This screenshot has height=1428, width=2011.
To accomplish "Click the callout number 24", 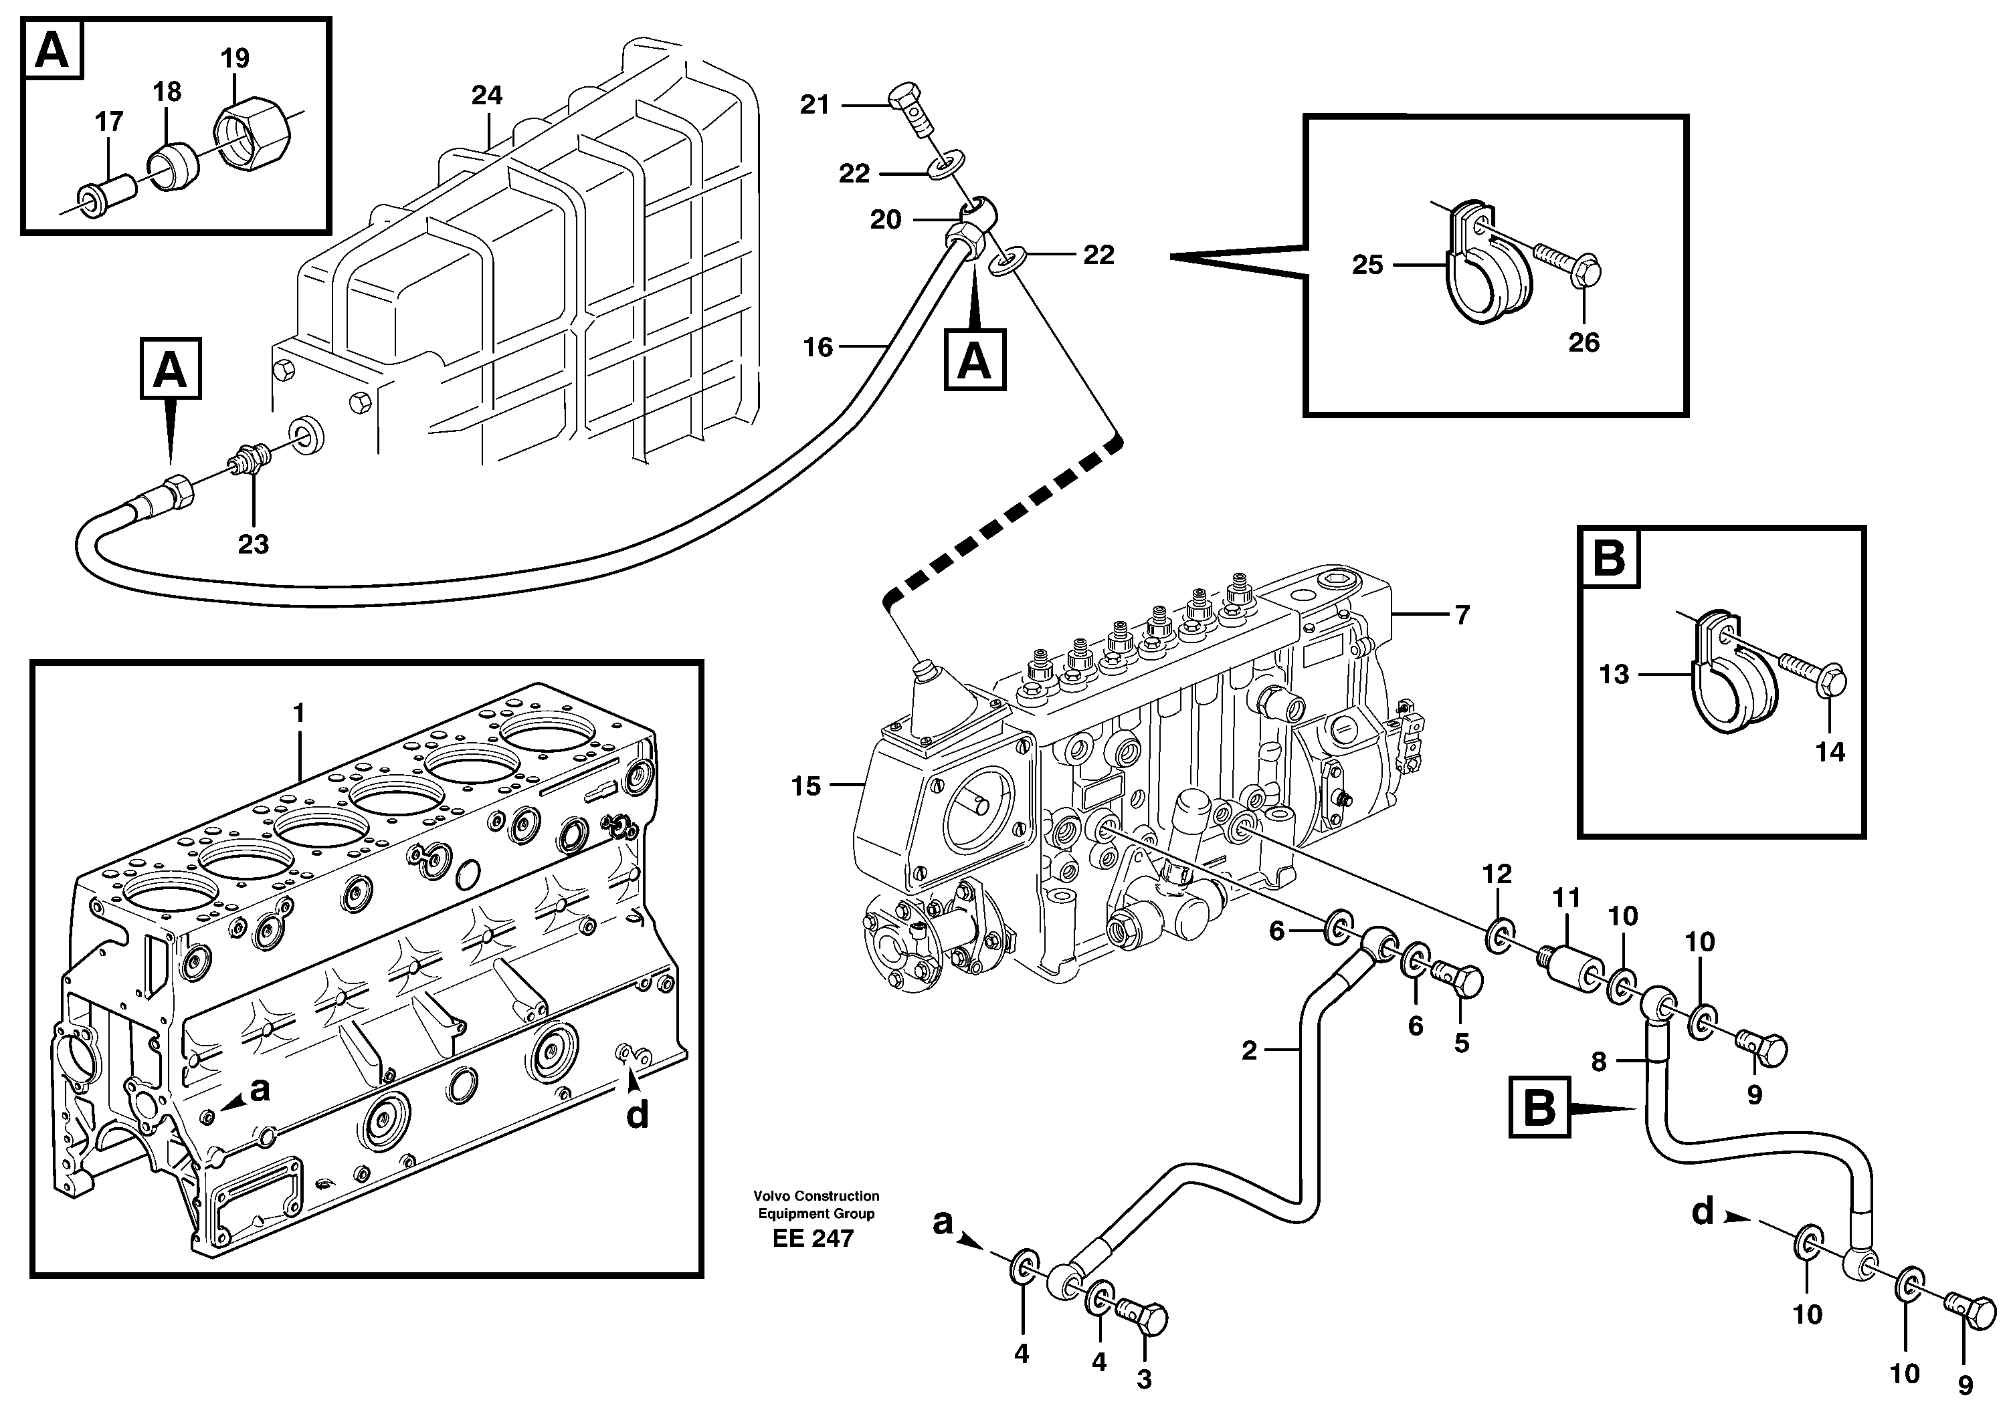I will coord(486,95).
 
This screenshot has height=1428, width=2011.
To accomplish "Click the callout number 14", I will coord(1830,752).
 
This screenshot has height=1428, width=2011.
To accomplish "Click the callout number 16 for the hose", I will coord(818,348).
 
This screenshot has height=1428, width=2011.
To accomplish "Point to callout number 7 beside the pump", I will coord(1462,614).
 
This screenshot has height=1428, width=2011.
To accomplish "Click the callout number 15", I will coord(805,786).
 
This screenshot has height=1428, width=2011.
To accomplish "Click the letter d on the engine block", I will coord(637,1115).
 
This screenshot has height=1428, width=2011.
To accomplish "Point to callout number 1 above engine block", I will coord(298,713).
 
